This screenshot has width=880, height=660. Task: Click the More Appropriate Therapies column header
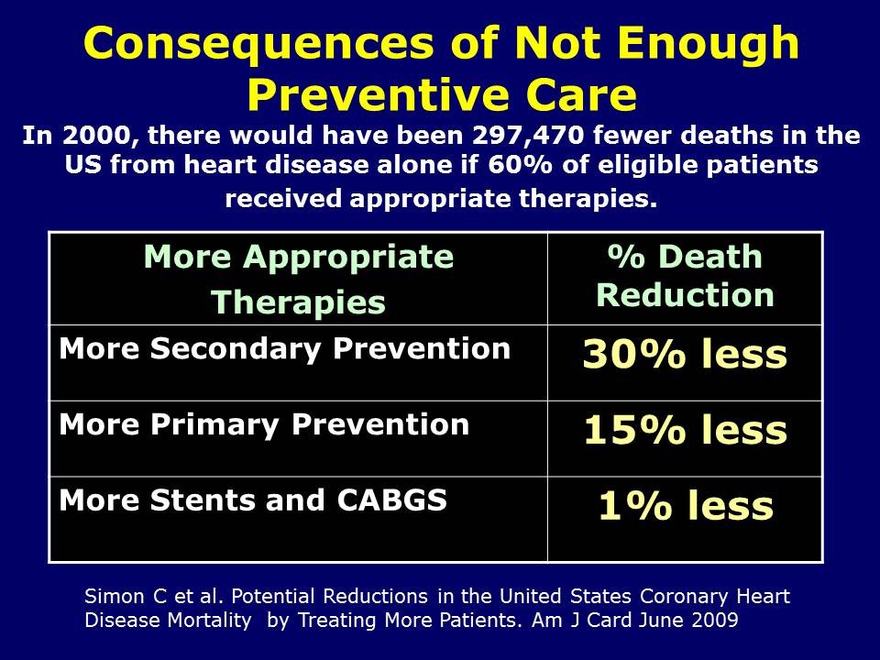(x=299, y=279)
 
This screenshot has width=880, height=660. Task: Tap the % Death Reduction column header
(x=685, y=276)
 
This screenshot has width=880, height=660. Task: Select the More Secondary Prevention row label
(x=285, y=348)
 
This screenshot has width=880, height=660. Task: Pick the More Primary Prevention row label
(x=264, y=424)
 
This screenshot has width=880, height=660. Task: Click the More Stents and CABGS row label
(x=253, y=500)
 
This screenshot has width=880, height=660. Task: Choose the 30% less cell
(x=685, y=355)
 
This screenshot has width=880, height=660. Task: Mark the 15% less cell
(x=685, y=431)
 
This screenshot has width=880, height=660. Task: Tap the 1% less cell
(x=685, y=506)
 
